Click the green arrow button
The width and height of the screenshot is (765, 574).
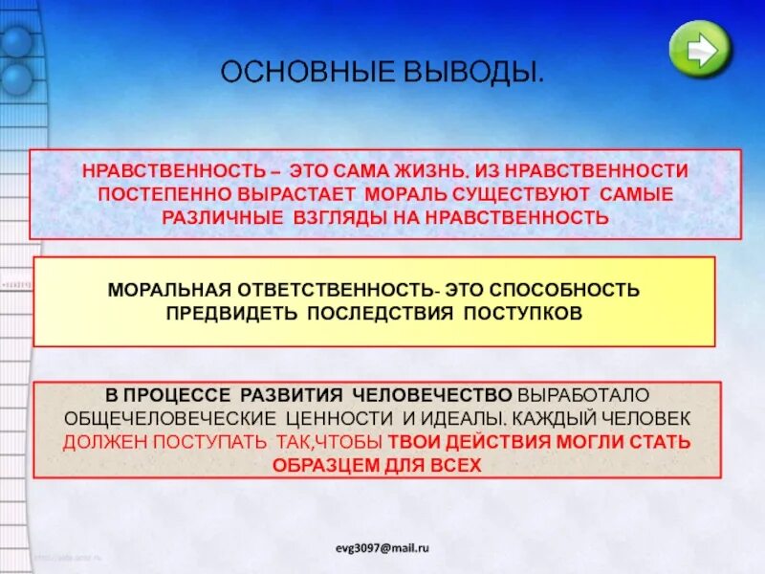point(701,49)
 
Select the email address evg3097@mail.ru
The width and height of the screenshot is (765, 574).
point(382,547)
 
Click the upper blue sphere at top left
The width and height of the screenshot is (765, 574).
point(16,41)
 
